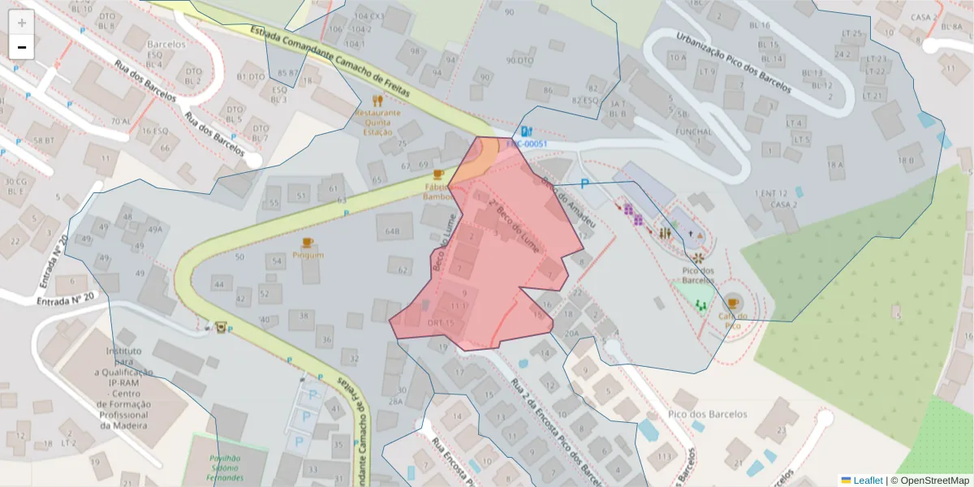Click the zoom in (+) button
point(22,23)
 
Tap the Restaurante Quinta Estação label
point(377,123)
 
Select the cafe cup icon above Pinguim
point(307,243)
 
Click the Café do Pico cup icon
point(733,304)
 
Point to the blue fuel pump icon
point(526,131)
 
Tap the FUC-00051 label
point(527,144)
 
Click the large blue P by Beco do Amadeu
point(584,185)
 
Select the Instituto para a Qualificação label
point(124,388)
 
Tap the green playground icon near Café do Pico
point(700,306)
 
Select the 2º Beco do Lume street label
point(512,219)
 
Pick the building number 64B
point(393,231)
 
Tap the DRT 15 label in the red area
point(440,323)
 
